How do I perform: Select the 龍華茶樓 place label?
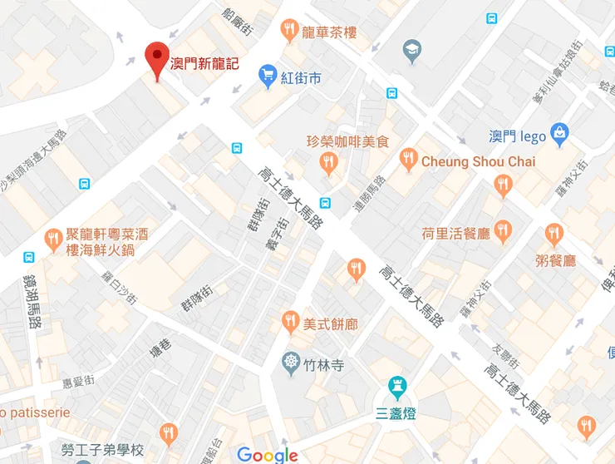pyautogui.click(x=329, y=32)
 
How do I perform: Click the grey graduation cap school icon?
pyautogui.click(x=411, y=52)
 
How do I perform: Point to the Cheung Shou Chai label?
pyautogui.click(x=478, y=161)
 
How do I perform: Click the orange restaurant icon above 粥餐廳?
pyautogui.click(x=554, y=234)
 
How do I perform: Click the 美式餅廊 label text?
pyautogui.click(x=330, y=323)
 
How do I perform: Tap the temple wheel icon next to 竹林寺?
pyautogui.click(x=291, y=364)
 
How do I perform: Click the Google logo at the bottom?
pyautogui.click(x=267, y=454)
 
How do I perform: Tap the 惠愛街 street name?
pyautogui.click(x=81, y=383)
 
